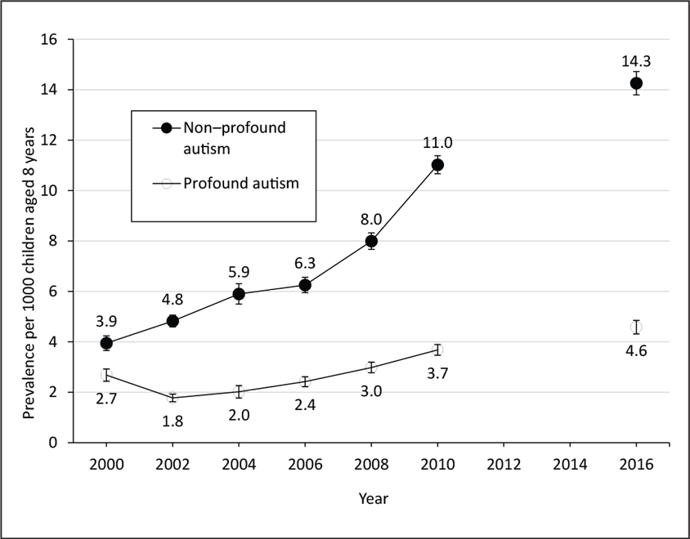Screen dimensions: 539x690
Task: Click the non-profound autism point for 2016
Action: (636, 83)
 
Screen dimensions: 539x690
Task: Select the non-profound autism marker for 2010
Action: (437, 165)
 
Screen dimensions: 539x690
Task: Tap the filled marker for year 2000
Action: (105, 344)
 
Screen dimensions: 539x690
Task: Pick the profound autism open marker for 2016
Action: (636, 327)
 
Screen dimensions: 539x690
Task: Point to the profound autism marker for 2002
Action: (172, 398)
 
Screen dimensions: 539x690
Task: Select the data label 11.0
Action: (437, 143)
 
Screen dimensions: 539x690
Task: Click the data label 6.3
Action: (305, 263)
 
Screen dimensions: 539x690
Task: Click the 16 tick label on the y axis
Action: (52, 39)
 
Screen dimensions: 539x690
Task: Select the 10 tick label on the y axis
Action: (52, 190)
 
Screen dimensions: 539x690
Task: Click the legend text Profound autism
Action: (240, 183)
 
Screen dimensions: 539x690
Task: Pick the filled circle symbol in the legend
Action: (167, 128)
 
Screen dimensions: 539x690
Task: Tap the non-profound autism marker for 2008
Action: (371, 242)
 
